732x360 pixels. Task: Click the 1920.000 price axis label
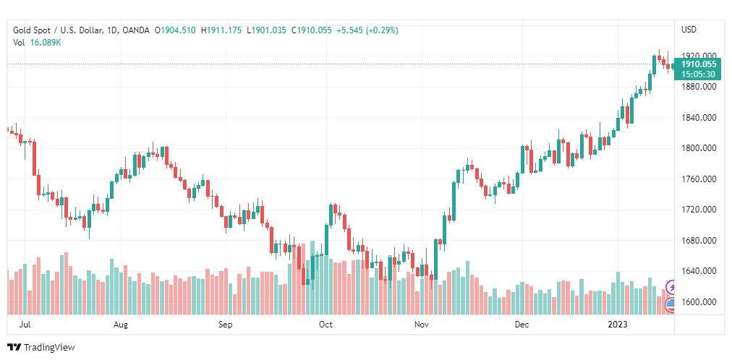[699, 56]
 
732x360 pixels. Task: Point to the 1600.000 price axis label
[699, 302]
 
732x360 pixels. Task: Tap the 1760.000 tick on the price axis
[699, 179]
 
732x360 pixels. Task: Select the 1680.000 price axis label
[699, 241]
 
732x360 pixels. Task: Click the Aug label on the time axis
[121, 325]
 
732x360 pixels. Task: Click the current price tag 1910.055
[699, 64]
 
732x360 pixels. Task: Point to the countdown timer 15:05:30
[699, 74]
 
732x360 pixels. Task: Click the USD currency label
[689, 30]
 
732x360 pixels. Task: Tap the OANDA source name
[136, 30]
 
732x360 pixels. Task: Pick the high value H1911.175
[223, 30]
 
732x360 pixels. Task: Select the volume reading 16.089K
[46, 43]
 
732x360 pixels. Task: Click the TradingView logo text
[49, 348]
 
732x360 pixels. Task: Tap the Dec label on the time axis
[521, 325]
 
